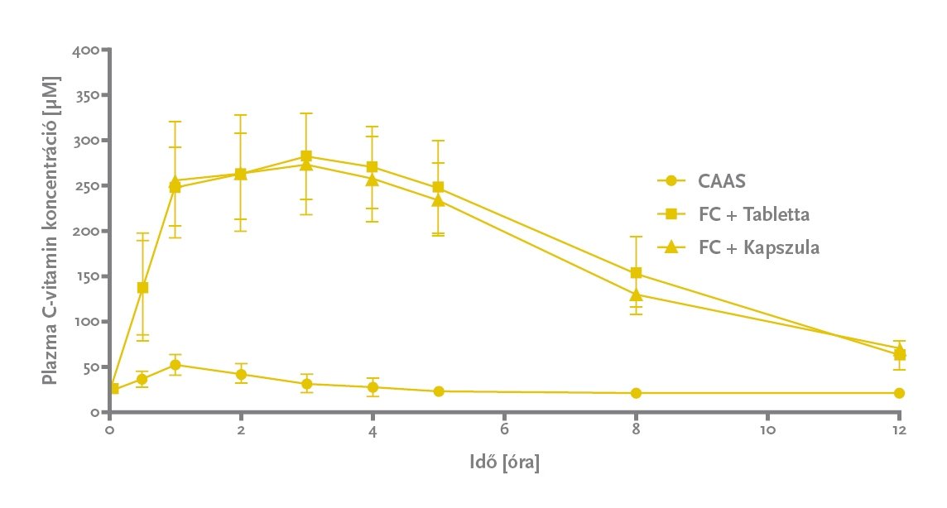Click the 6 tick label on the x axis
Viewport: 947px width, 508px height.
(504, 431)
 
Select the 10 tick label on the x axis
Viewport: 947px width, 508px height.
(767, 431)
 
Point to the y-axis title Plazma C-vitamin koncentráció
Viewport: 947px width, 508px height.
(50, 232)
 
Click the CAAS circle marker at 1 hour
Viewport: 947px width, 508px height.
(175, 365)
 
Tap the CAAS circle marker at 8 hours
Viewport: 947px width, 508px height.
(636, 393)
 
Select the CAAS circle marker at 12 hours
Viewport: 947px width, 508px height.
(899, 393)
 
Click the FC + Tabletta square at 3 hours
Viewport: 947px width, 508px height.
(306, 156)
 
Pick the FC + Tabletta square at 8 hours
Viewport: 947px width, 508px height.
(636, 272)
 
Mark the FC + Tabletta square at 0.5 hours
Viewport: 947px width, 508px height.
(142, 288)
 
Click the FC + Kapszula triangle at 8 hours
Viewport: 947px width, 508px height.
(636, 295)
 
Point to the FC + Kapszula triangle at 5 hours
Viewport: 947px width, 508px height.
(438, 200)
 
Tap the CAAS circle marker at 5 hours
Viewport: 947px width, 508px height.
(438, 391)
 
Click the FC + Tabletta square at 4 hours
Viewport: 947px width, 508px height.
(373, 167)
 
